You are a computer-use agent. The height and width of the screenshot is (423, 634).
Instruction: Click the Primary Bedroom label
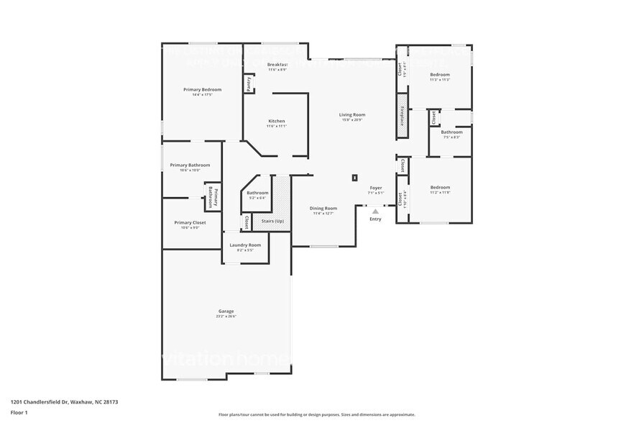coord(202,89)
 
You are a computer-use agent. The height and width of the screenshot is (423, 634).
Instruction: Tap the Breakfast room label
coord(277,65)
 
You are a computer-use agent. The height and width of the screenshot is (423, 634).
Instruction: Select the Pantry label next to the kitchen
coord(249,84)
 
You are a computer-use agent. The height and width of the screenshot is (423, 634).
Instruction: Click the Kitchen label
coord(277,121)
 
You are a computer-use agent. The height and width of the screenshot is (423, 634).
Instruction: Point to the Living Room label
coord(352,114)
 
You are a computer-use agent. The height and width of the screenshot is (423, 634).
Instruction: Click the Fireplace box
coord(403,117)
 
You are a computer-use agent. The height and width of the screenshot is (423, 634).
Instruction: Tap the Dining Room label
coord(324,208)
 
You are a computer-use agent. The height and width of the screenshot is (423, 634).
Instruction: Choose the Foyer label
coord(375,188)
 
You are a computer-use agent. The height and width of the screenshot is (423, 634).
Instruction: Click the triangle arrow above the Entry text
coord(375,211)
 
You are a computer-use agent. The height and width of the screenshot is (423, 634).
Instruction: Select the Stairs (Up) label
coord(272,221)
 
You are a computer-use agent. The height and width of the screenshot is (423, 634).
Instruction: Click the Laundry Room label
coord(244,245)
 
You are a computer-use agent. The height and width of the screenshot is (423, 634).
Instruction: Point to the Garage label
coord(226,311)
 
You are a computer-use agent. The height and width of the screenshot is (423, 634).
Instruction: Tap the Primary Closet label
coord(190,222)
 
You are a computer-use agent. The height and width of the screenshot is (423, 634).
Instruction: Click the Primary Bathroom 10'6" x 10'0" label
coord(190,165)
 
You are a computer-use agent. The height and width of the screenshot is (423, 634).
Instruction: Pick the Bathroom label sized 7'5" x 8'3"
coord(451,132)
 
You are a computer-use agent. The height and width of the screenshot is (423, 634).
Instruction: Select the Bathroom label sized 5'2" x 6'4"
coord(257,193)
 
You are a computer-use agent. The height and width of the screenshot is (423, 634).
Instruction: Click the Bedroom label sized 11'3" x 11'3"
coord(440,75)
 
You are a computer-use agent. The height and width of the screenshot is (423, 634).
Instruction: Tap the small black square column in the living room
coord(354,177)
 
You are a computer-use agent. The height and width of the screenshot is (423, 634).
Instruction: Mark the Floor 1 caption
coord(19,412)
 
